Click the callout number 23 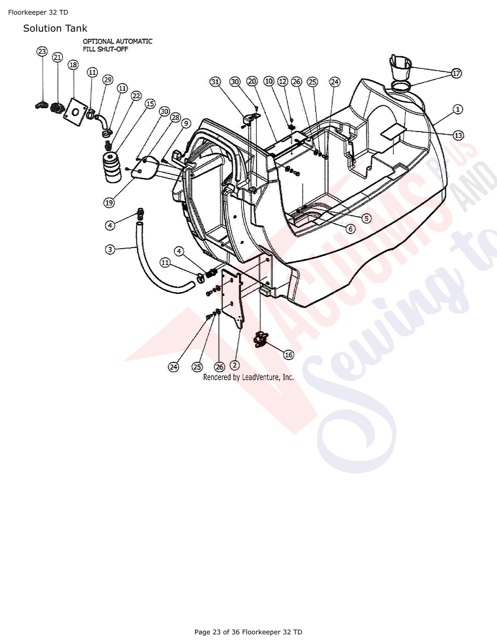pyautogui.click(x=42, y=52)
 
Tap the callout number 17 pyautogui.click(x=457, y=74)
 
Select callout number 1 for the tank pyautogui.click(x=458, y=109)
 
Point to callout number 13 pyautogui.click(x=459, y=135)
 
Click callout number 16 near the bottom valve pyautogui.click(x=289, y=354)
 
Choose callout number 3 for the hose pyautogui.click(x=110, y=249)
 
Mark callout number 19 pyautogui.click(x=109, y=203)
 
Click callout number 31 pyautogui.click(x=215, y=82)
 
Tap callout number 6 pyautogui.click(x=350, y=229)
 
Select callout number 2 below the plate pyautogui.click(x=235, y=365)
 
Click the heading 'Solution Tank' pyautogui.click(x=55, y=28)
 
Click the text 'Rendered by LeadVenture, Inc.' pyautogui.click(x=248, y=377)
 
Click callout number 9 pyautogui.click(x=186, y=123)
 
